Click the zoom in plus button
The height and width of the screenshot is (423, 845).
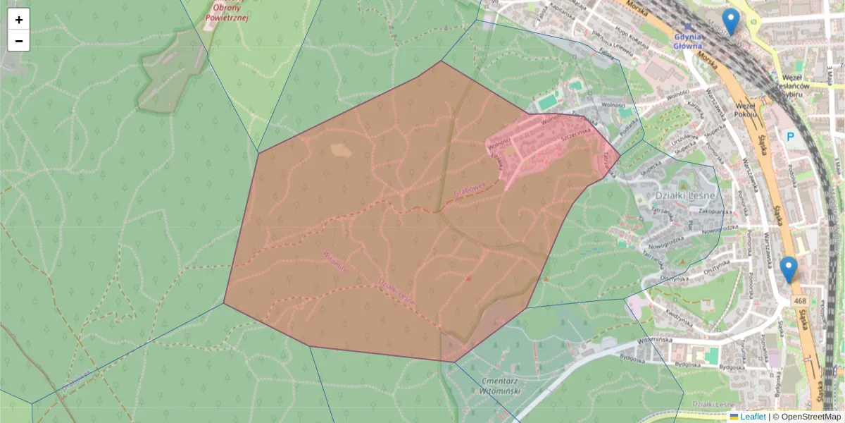point(19,20)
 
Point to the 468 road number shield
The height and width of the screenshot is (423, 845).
point(800,301)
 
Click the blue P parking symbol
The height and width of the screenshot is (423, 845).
point(790,136)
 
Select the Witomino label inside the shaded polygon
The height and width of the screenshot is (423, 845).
point(336,262)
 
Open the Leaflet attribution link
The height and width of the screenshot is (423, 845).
point(753,417)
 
